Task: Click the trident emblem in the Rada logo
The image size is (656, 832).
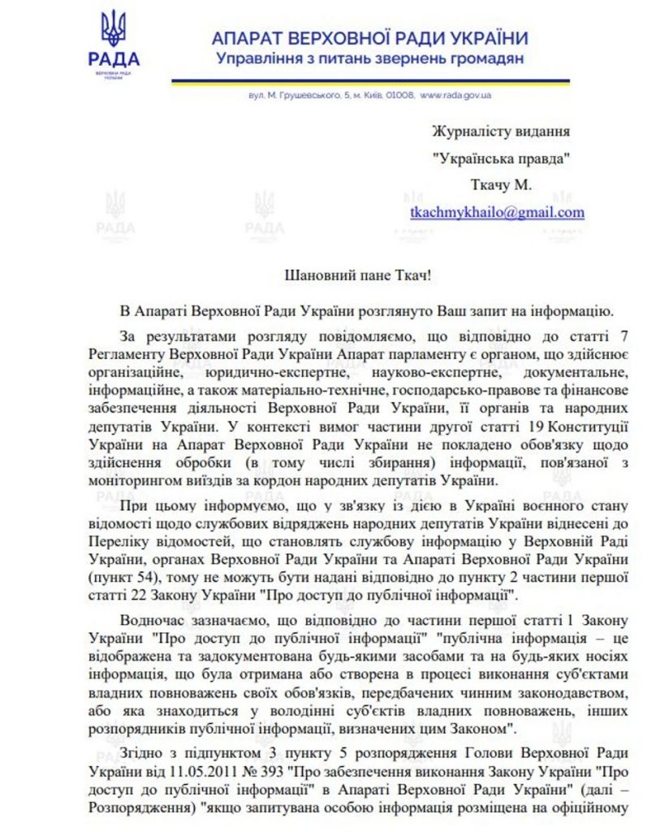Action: (113, 28)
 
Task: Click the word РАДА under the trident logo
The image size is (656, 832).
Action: (113, 59)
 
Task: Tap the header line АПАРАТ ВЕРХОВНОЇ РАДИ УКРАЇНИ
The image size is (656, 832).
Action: (369, 38)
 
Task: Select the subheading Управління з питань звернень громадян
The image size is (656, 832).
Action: (369, 58)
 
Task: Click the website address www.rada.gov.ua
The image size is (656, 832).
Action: (455, 95)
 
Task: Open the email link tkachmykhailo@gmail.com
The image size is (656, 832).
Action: (497, 212)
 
